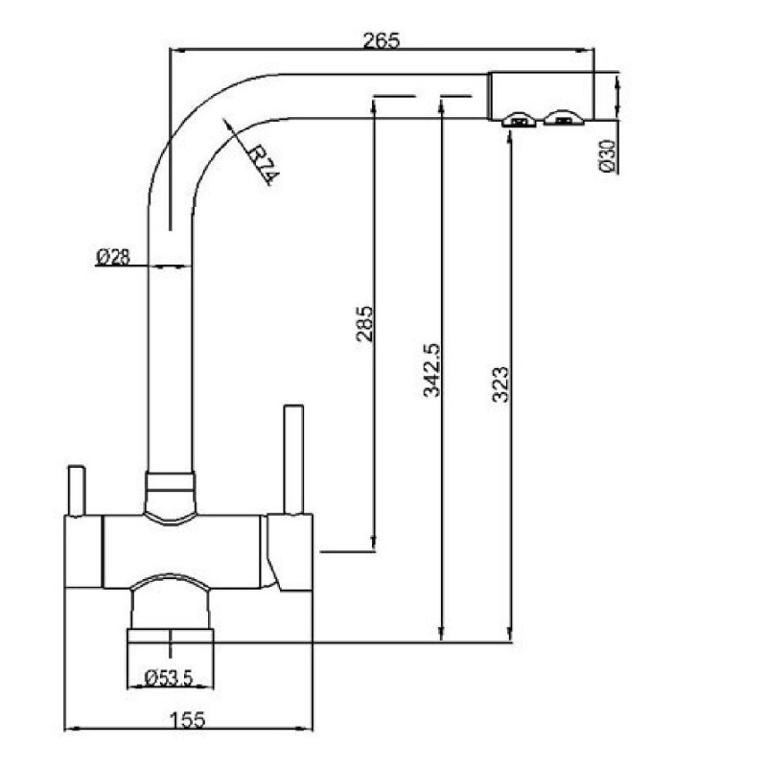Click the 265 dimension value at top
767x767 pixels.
coord(382,40)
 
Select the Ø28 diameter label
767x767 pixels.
coord(113,257)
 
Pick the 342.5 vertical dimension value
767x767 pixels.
coord(430,369)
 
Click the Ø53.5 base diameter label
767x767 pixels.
coord(169,677)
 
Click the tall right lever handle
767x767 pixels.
coord(292,460)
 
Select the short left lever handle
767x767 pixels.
coord(76,491)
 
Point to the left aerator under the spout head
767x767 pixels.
coord(519,120)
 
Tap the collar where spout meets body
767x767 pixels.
coord(170,494)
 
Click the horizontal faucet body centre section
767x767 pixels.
coord(182,551)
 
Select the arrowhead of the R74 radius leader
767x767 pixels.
coord(226,124)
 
